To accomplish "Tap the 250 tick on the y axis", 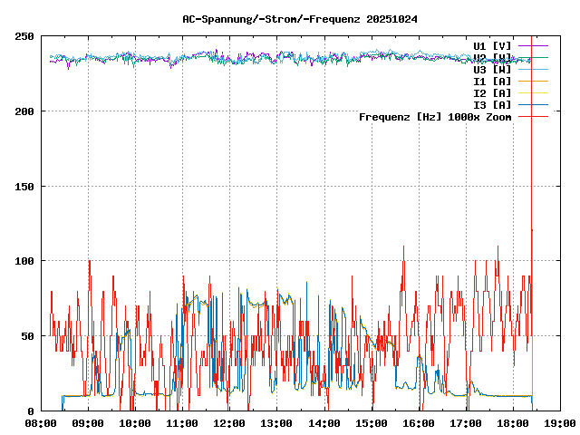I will point(24,36).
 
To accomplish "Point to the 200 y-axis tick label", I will point(24,111).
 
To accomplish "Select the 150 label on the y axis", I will point(24,187).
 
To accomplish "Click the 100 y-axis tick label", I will point(24,261).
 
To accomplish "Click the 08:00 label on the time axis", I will point(41,423).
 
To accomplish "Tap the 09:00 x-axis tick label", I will point(88,423).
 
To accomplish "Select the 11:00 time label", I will point(182,423).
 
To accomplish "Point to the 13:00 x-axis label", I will point(276,423).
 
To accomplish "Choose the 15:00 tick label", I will point(372,423).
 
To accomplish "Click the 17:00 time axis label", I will point(466,423).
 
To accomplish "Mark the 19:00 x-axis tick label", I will point(560,423).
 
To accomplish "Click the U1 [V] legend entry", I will point(492,45).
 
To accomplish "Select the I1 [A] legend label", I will point(492,81).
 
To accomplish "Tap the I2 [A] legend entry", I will point(492,92).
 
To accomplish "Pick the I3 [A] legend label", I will point(492,104).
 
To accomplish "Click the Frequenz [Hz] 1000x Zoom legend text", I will point(435,117).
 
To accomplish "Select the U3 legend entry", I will point(492,69).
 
